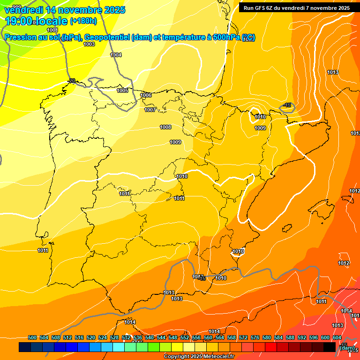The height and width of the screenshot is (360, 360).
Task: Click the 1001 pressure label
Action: click(x=52, y=30)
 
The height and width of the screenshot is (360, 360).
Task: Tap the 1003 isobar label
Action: click(x=89, y=44)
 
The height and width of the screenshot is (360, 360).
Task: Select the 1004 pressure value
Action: click(x=116, y=55)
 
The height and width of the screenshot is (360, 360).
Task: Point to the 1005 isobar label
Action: click(x=122, y=90)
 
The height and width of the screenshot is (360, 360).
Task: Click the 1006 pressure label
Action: click(x=146, y=95)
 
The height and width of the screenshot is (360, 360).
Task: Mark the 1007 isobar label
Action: click(x=150, y=110)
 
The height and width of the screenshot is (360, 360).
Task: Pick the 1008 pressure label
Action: click(x=165, y=127)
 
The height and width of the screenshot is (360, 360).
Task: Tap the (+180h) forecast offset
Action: click(x=83, y=21)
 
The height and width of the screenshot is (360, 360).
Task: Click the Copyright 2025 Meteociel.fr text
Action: click(x=199, y=357)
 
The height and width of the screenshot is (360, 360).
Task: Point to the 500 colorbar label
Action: click(x=32, y=337)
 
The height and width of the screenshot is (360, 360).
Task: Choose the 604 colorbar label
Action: click(x=337, y=337)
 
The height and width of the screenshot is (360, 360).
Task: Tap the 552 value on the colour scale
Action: click(x=185, y=337)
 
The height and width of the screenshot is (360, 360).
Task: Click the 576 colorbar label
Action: click(x=255, y=337)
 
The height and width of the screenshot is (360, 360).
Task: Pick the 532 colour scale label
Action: click(x=126, y=337)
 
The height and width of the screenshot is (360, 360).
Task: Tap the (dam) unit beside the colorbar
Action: click(x=347, y=348)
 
